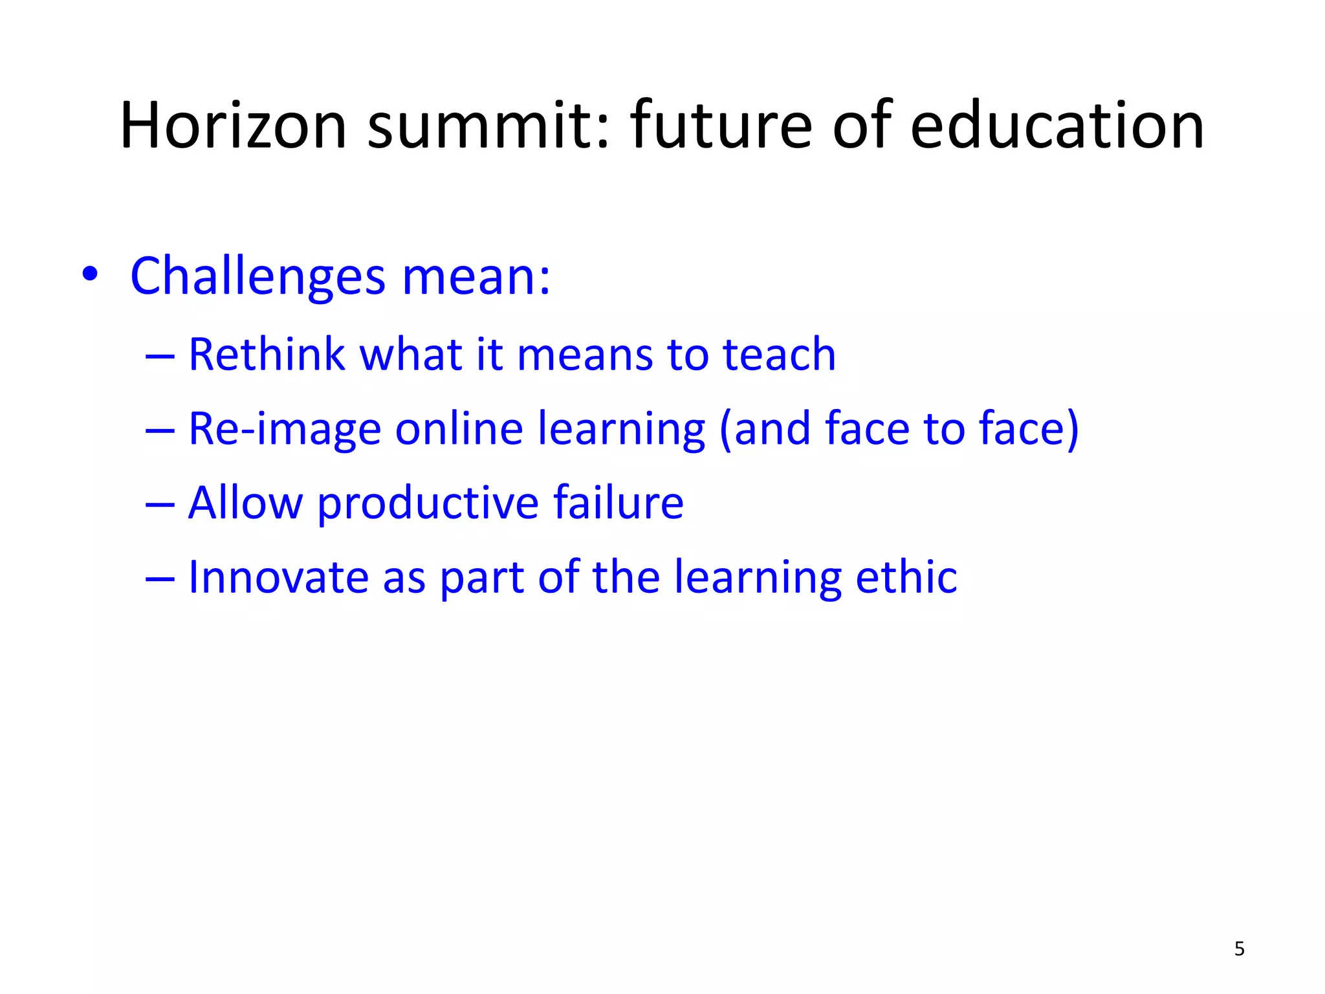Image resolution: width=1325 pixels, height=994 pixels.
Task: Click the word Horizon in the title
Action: pyautogui.click(x=233, y=126)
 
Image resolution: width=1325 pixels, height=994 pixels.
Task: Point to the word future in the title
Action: pyautogui.click(x=721, y=126)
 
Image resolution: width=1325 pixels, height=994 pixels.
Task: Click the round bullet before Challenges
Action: pyautogui.click(x=90, y=275)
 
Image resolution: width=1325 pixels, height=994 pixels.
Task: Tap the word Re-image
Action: pyautogui.click(x=284, y=430)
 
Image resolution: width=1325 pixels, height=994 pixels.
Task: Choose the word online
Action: pyautogui.click(x=459, y=428)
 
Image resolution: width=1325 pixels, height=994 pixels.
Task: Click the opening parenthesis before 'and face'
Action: pyautogui.click(x=725, y=430)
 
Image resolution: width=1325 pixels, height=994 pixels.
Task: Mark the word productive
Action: pyautogui.click(x=428, y=503)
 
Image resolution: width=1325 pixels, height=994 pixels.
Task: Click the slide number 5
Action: pyautogui.click(x=1239, y=949)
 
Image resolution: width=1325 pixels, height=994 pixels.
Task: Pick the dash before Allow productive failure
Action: pyautogui.click(x=160, y=503)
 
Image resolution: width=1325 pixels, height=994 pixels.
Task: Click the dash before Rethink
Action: pyautogui.click(x=160, y=355)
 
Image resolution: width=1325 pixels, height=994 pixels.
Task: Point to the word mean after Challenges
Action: pyautogui.click(x=476, y=277)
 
